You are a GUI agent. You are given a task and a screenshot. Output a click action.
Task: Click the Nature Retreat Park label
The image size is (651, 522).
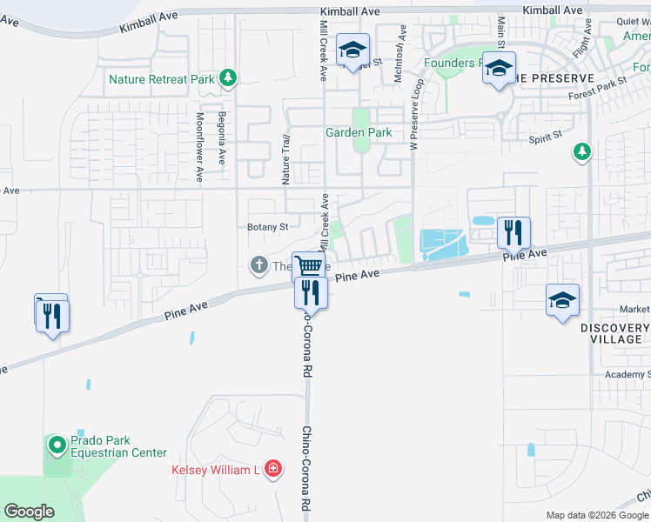point(161,79)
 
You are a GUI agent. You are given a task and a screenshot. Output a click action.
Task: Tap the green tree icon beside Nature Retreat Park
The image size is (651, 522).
point(228,79)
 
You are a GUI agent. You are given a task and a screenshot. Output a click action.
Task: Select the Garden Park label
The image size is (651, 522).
point(358,133)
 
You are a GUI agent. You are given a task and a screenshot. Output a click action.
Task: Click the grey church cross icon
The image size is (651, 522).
point(258,264)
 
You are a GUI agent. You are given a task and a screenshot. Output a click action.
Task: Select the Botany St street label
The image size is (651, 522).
point(267,227)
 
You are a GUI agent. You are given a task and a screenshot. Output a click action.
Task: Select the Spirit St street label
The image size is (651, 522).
point(546,138)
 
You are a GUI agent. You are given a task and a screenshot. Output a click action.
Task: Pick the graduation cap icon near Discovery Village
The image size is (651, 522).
point(562,301)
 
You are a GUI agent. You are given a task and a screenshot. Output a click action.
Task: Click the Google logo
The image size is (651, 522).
point(30,512)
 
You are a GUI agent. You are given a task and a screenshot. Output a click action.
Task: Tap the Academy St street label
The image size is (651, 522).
point(628,375)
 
